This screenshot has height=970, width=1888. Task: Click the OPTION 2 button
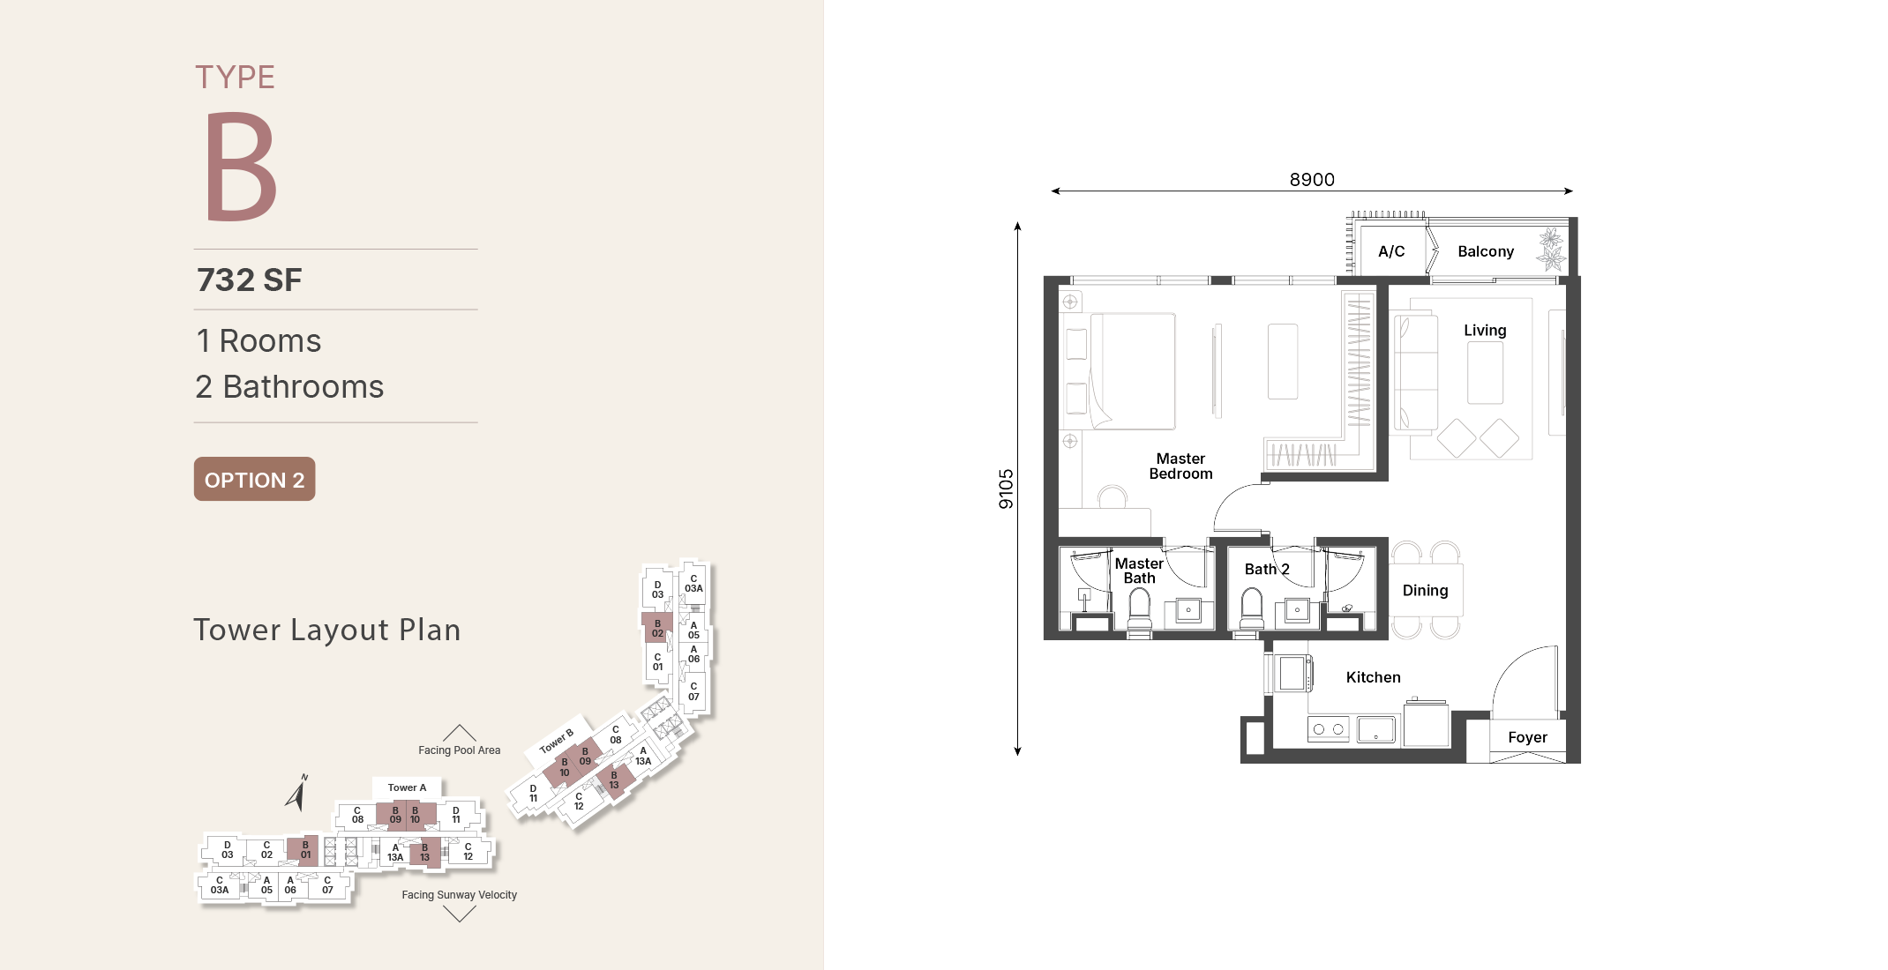tap(254, 479)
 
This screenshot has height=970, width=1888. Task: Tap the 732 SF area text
tap(250, 280)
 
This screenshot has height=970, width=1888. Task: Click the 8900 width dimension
tap(1312, 180)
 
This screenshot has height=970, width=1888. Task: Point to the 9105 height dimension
tap(1006, 489)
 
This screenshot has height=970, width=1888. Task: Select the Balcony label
tap(1486, 251)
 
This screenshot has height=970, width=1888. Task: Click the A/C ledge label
tap(1391, 251)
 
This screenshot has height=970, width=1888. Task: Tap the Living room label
tap(1485, 331)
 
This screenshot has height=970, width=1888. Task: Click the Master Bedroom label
tap(1180, 466)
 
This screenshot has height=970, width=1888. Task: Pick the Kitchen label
tap(1373, 677)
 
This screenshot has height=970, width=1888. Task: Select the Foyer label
tap(1527, 737)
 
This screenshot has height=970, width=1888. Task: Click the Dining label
tap(1425, 591)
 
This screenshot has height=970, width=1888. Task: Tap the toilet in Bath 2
tap(1252, 608)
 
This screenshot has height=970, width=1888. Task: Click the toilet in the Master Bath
tap(1140, 608)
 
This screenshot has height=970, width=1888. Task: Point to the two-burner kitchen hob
tap(1328, 729)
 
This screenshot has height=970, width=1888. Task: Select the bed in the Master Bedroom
tap(1133, 371)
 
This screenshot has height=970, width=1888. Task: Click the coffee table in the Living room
tap(1485, 372)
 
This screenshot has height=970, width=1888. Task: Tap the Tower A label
tap(407, 787)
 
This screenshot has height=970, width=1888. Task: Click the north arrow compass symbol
tap(297, 793)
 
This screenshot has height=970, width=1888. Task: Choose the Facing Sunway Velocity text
tap(459, 895)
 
